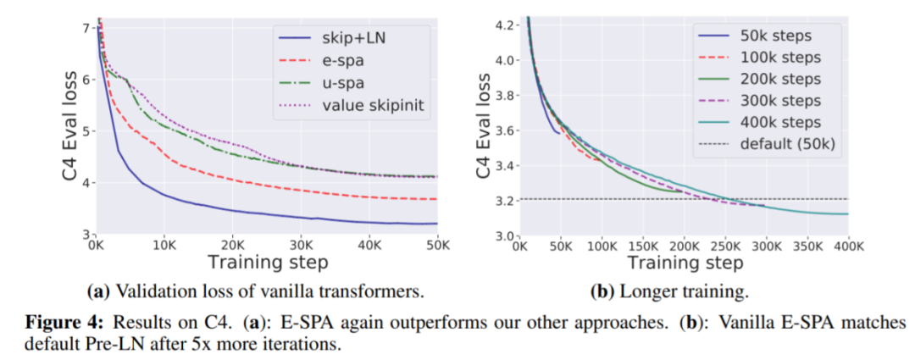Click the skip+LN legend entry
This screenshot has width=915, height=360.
pyautogui.click(x=343, y=39)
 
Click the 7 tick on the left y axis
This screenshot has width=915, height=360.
pyautogui.click(x=86, y=29)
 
